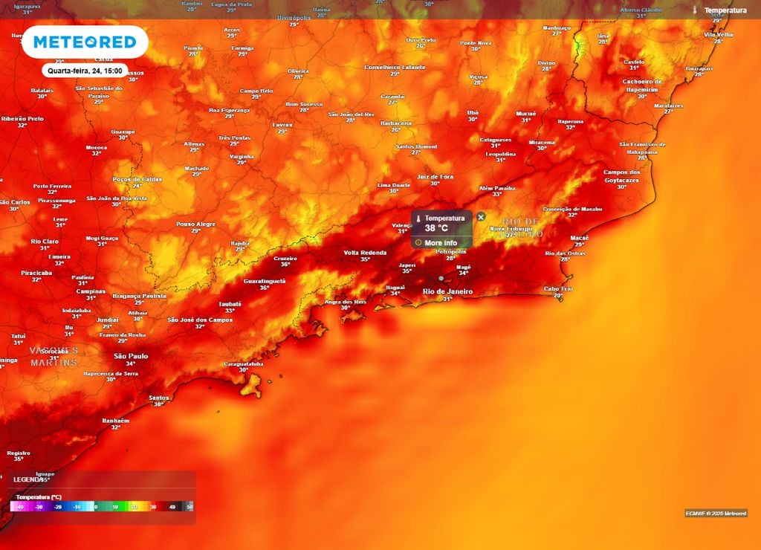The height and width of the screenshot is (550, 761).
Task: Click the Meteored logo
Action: [85, 42]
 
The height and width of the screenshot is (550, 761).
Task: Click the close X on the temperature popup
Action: [481, 217]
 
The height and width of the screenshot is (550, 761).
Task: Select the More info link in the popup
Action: [441, 243]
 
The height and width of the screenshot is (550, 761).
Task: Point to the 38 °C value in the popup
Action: [436, 228]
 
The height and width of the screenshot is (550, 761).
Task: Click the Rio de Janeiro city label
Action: [447, 291]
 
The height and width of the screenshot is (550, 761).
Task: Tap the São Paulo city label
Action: [130, 356]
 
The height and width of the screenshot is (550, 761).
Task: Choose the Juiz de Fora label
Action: [435, 176]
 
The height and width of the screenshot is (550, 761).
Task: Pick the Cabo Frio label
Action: [557, 288]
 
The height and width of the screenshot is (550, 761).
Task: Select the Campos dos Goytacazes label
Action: [621, 176]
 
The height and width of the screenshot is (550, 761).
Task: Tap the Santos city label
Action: [159, 398]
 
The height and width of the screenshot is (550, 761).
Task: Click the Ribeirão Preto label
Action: [22, 118]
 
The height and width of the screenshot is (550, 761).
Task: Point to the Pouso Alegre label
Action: [195, 224]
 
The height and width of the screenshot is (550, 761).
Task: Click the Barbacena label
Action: [395, 123]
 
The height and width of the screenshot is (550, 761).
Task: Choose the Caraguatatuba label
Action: [244, 363]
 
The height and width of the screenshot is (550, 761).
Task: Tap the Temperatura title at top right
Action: [725, 10]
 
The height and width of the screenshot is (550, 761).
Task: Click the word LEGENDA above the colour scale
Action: [29, 479]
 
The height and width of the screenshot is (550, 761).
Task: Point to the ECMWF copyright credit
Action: [716, 513]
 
